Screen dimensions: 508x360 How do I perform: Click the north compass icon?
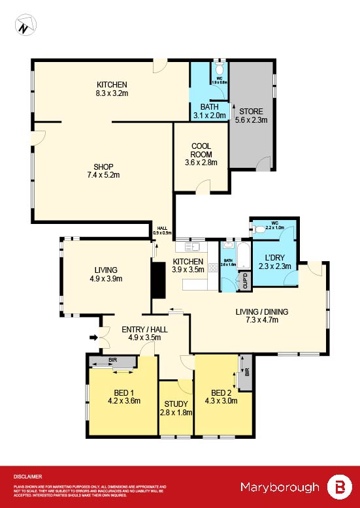coord(24,27)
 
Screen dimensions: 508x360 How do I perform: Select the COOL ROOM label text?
coord(201,150)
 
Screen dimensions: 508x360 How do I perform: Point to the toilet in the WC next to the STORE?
coord(220,69)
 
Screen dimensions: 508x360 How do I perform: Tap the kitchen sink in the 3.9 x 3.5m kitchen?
coord(194,247)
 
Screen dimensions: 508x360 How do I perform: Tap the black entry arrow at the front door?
coord(93,338)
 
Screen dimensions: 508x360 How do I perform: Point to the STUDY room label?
coord(176,404)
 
